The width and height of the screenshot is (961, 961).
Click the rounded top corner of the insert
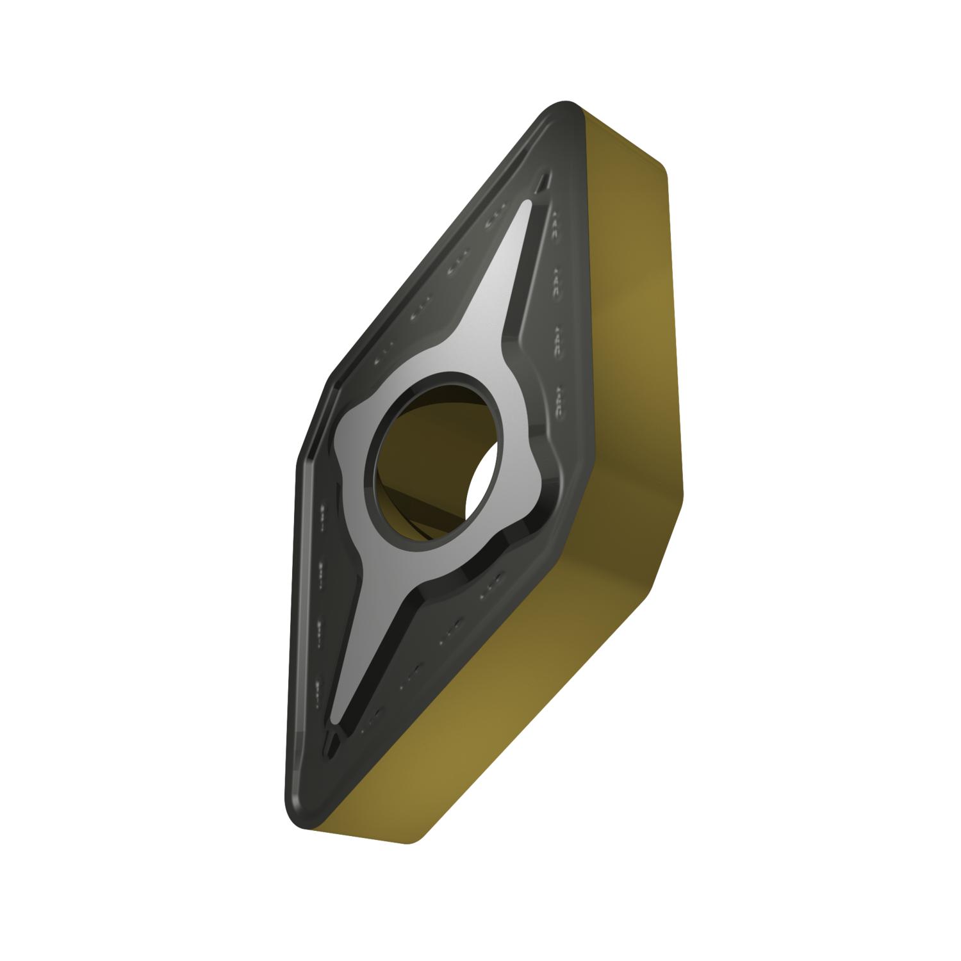click(564, 106)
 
